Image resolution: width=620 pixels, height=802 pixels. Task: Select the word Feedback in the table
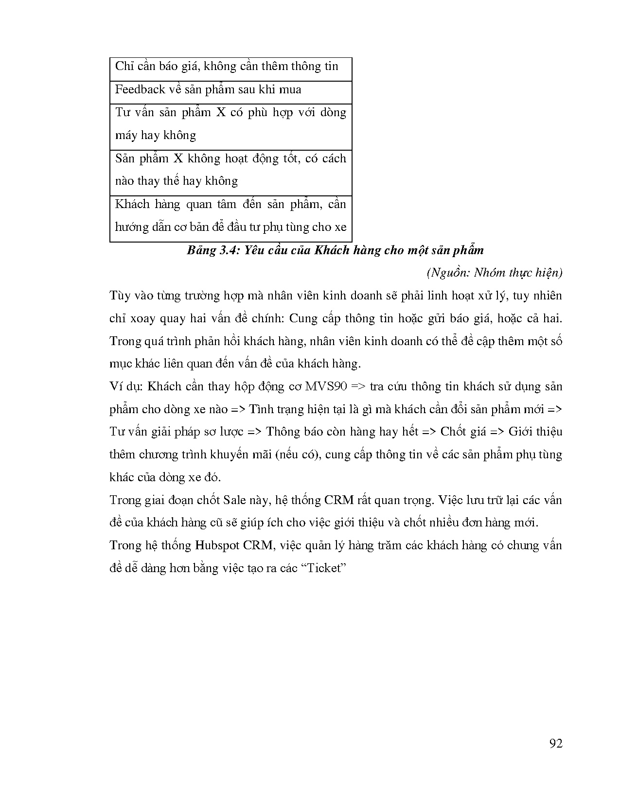pos(140,89)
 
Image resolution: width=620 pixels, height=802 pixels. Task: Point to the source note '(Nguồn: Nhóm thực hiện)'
pos(494,273)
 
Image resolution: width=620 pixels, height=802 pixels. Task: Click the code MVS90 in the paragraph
pos(325,386)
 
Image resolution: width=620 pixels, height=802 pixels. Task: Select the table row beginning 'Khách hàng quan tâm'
pos(230,215)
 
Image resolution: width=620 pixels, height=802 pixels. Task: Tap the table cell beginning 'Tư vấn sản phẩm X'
pos(230,124)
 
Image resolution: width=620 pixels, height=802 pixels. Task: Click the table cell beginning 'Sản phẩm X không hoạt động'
pos(230,170)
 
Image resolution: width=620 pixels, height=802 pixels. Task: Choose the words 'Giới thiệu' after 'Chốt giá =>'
pos(534,432)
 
